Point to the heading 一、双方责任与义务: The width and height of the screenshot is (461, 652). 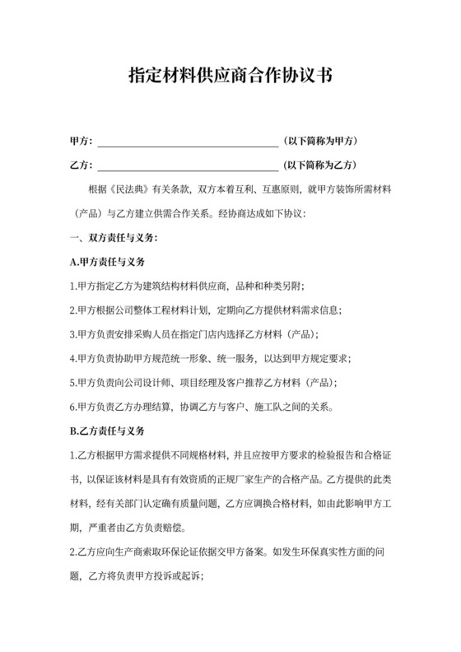[114, 239]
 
